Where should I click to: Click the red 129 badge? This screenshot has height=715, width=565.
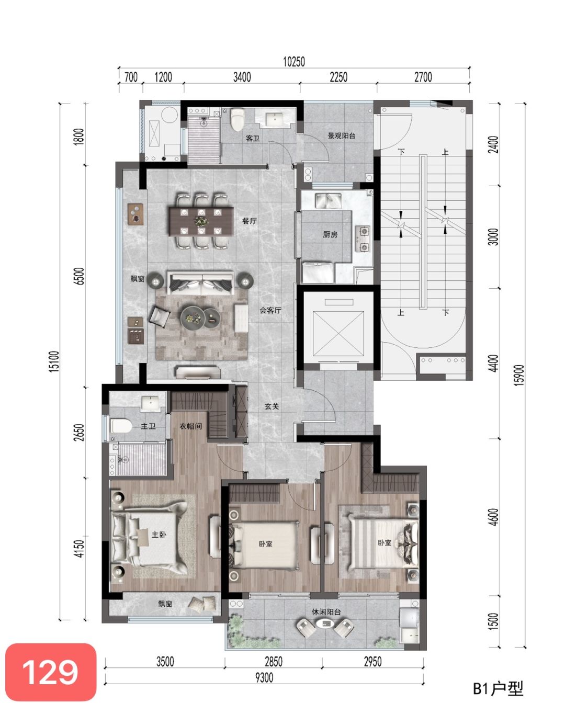(x=51, y=673)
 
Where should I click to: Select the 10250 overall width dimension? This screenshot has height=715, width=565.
(x=294, y=62)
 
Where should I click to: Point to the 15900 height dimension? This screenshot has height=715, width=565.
(x=520, y=375)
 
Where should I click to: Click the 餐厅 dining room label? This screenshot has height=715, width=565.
(x=249, y=221)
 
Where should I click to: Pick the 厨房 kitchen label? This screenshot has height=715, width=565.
(x=330, y=234)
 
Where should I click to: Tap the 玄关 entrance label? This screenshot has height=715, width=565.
(x=272, y=406)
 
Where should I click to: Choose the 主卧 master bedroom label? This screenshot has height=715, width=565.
(x=159, y=535)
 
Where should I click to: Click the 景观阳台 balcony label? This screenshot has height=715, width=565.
(x=341, y=135)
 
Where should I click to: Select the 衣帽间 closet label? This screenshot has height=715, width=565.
(x=191, y=426)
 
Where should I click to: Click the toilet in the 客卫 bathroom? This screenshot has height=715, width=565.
(x=238, y=120)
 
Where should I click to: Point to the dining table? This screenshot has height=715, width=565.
(x=201, y=221)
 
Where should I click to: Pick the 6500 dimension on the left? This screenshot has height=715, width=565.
(x=80, y=276)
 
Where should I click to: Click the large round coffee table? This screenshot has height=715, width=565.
(x=191, y=318)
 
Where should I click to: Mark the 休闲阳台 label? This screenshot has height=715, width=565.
(x=326, y=612)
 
